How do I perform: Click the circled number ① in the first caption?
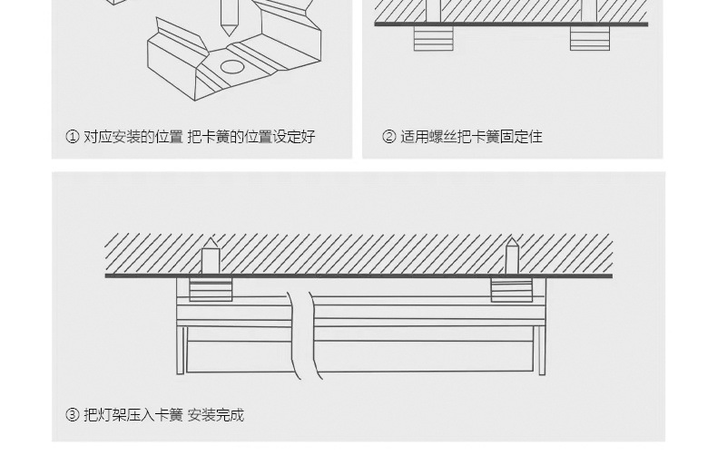[x=73, y=137]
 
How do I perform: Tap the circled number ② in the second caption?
[x=389, y=137]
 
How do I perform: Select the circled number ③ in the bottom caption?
[x=73, y=415]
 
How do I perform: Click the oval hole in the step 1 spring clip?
[x=232, y=66]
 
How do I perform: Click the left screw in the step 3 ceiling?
[x=211, y=256]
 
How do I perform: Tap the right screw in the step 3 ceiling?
[x=512, y=256]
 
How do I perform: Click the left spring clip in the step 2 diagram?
[x=433, y=38]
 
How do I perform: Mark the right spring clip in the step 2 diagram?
[x=590, y=38]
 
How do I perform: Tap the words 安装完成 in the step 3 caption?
[x=216, y=415]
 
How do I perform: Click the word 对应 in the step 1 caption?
[x=98, y=137]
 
